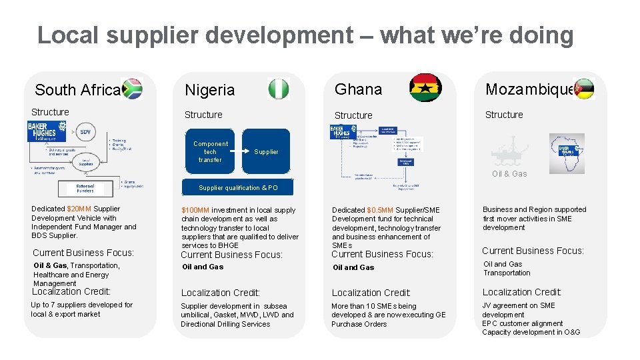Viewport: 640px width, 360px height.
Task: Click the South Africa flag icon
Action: pyautogui.click(x=132, y=89)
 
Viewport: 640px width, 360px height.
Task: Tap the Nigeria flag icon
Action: pyautogui.click(x=279, y=89)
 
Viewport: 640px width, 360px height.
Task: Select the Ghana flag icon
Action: pyautogui.click(x=425, y=87)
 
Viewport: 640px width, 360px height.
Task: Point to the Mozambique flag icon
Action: pyautogui.click(x=583, y=89)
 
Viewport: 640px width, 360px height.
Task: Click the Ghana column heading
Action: pyautogui.click(x=358, y=89)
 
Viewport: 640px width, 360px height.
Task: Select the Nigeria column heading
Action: pyautogui.click(x=209, y=90)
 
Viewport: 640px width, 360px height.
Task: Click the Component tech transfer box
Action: pyautogui.click(x=210, y=152)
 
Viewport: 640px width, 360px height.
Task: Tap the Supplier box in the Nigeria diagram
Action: pyautogui.click(x=266, y=152)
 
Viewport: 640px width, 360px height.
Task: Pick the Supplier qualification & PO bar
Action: pyautogui.click(x=238, y=188)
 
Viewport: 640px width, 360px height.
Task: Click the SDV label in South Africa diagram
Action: pyautogui.click(x=85, y=132)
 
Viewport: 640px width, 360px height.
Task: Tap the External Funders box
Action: pyautogui.click(x=85, y=189)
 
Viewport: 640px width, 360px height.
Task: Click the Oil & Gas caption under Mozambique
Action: pyautogui.click(x=509, y=174)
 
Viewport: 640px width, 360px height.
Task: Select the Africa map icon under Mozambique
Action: pyautogui.click(x=566, y=152)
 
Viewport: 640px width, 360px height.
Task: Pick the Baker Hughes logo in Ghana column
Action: pyautogui.click(x=344, y=132)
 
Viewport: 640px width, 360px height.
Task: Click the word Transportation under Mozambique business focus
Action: pyautogui.click(x=507, y=273)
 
